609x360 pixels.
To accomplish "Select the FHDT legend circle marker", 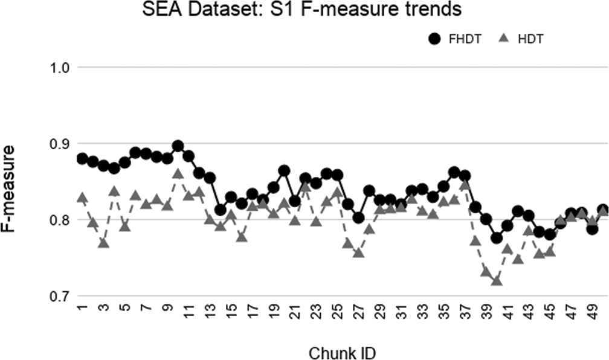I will pyautogui.click(x=435, y=40).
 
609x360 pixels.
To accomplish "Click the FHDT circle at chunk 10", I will pyautogui.click(x=178, y=146).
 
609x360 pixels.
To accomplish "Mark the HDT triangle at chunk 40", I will pyautogui.click(x=497, y=280).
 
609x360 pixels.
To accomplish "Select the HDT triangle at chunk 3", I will pyautogui.click(x=103, y=242).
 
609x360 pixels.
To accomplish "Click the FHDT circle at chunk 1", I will pyautogui.click(x=82, y=158).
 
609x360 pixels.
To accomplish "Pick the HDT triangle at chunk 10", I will pyautogui.click(x=178, y=174).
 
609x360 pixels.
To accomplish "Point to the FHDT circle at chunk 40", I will pyautogui.click(x=497, y=238).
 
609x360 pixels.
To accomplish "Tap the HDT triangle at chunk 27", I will pyautogui.click(x=358, y=252).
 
